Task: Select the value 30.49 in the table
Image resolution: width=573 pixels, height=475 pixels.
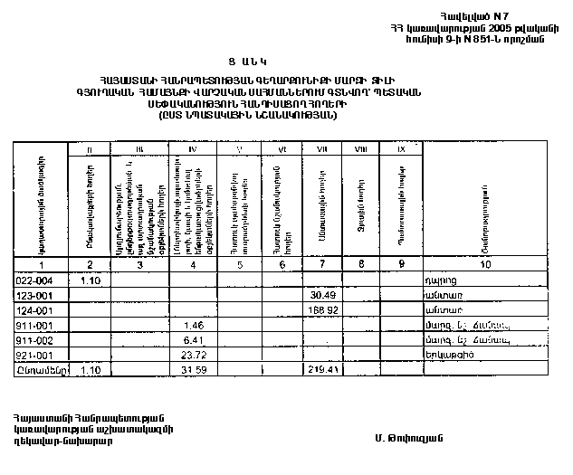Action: point(323,294)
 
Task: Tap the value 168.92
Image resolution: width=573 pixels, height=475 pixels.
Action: point(322,309)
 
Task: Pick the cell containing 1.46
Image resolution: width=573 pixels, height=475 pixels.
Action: point(193,324)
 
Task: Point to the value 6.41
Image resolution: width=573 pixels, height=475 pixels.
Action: point(190,338)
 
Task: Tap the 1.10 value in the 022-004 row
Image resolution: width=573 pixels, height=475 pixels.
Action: point(90,280)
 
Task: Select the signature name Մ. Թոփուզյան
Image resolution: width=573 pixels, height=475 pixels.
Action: point(406,438)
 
